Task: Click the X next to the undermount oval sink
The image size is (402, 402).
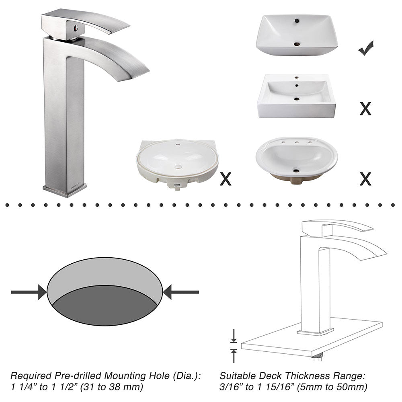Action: click(x=226, y=179)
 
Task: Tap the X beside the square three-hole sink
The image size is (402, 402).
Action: click(x=365, y=108)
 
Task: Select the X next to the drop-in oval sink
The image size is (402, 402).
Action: click(x=365, y=179)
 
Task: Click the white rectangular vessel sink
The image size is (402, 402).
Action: click(x=297, y=34)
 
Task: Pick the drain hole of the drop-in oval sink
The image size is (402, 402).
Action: click(x=297, y=171)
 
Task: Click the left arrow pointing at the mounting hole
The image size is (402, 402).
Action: click(x=28, y=292)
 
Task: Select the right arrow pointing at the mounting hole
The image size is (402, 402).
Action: click(x=181, y=292)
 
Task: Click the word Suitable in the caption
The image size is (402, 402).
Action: click(x=236, y=376)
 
